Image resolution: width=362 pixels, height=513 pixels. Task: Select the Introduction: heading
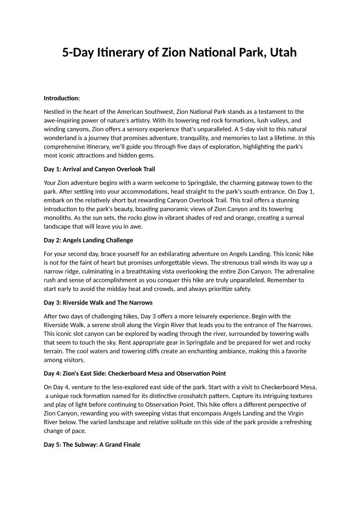(x=62, y=98)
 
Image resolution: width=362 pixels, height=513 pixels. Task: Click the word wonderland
(x=61, y=138)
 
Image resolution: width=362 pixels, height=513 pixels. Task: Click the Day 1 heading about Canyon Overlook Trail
(x=99, y=169)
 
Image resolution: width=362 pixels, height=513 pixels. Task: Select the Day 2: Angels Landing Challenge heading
(x=88, y=240)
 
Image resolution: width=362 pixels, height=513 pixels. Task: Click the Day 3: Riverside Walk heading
(x=98, y=302)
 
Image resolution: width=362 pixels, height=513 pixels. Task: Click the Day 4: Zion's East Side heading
(x=135, y=373)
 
